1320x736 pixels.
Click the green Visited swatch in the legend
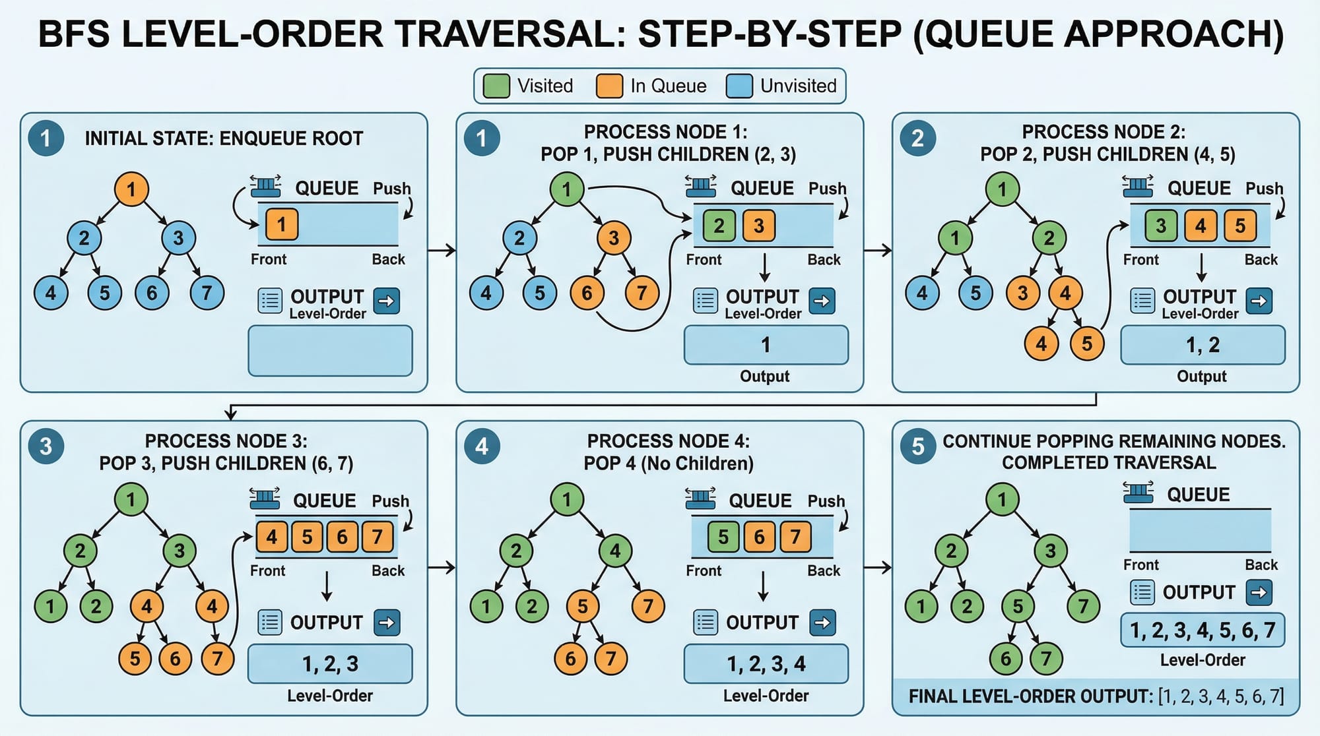click(496, 86)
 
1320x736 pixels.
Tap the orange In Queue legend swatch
click(609, 86)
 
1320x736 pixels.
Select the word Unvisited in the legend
click(798, 86)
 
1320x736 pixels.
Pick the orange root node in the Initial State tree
click(131, 189)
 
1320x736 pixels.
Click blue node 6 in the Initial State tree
click(152, 293)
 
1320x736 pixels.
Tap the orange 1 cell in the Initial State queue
click(282, 225)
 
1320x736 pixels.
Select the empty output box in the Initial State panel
click(330, 351)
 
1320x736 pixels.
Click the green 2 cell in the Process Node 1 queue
click(719, 226)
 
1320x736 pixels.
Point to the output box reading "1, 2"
click(1203, 345)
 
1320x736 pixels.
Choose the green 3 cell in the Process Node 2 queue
click(1161, 226)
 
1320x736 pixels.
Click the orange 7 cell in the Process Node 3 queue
click(377, 537)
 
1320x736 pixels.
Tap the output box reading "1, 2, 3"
click(330, 663)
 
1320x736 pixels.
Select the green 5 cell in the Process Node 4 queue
click(723, 537)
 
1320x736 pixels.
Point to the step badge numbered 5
click(917, 446)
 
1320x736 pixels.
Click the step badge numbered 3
click(46, 446)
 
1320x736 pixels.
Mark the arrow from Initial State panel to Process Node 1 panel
click(442, 251)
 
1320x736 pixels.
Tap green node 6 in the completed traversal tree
click(1006, 658)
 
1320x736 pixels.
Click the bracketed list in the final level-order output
click(1221, 696)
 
